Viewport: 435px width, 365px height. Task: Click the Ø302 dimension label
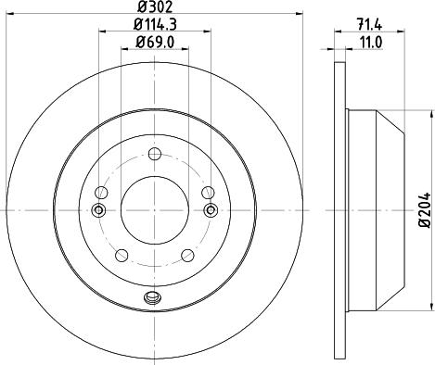click(x=154, y=7)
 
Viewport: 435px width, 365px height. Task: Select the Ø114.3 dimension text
click(x=154, y=24)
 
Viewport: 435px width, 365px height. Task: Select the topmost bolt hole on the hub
click(x=154, y=154)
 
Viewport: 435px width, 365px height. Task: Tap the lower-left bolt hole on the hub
click(x=121, y=255)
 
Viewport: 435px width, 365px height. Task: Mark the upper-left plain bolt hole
click(x=102, y=192)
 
